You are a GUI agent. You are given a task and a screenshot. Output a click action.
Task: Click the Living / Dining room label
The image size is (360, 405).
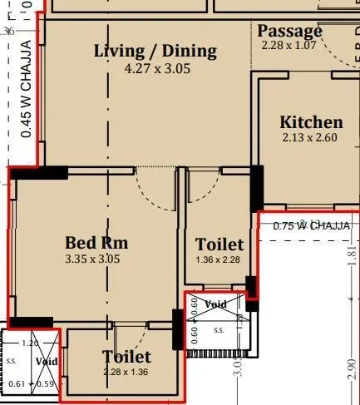coord(155,51)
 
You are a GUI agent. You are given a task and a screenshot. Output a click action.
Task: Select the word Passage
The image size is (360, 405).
coord(289,31)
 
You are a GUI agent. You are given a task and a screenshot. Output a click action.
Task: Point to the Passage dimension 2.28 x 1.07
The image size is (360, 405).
coord(289,45)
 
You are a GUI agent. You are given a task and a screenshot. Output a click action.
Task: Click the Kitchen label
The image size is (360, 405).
coord(310,122)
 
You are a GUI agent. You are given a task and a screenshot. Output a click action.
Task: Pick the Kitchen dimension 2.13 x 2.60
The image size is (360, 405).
coord(309,138)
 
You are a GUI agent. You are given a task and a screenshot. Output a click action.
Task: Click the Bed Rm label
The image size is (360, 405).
coord(96,243)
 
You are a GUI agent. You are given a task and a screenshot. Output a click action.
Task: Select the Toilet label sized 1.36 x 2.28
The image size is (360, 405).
coord(219,244)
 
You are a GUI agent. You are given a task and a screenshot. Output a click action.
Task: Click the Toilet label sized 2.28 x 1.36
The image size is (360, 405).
coord(126,357)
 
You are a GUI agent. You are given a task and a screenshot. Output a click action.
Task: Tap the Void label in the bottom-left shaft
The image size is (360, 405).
coord(47,362)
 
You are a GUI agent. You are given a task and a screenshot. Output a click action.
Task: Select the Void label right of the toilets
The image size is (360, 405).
coord(216,304)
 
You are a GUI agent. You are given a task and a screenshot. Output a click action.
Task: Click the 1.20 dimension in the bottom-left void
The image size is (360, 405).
coord(30,343)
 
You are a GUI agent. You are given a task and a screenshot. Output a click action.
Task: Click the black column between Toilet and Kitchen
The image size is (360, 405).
coord(256,187)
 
